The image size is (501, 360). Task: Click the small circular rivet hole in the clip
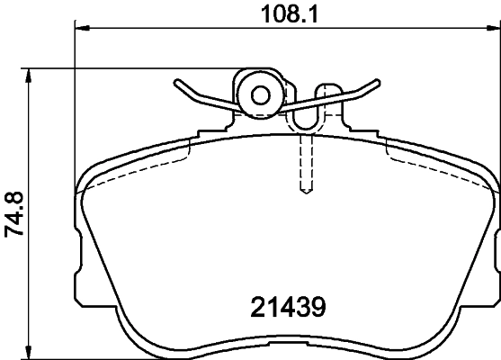pos(261,94)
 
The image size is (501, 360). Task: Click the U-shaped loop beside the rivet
pos(307,112)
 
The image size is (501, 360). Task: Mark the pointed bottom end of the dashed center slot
pos(304,192)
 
